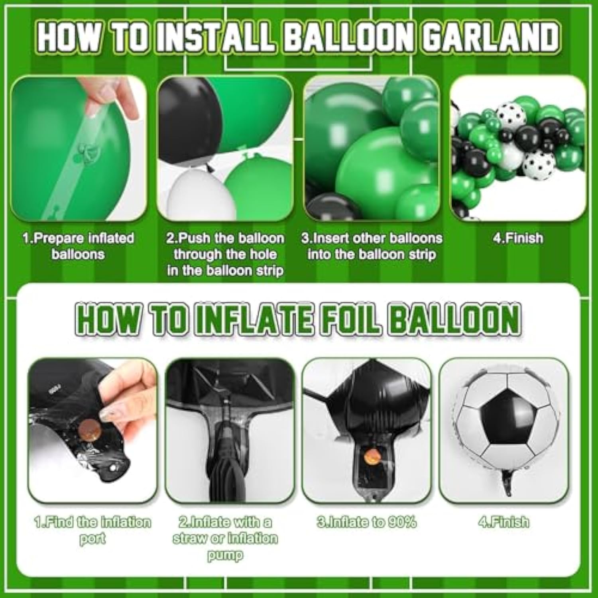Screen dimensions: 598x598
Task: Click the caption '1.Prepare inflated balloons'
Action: [78, 246]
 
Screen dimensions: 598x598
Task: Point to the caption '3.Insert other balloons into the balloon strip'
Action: [372, 246]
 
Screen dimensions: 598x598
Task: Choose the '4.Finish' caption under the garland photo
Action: [518, 238]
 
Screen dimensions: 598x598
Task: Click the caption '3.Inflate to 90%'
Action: [367, 522]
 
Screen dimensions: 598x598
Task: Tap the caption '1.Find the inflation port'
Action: [92, 530]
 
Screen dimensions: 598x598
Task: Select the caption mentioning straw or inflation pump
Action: [225, 538]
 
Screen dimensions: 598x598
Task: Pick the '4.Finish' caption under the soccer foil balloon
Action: [504, 522]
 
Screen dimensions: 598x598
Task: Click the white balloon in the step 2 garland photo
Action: [195, 195]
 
